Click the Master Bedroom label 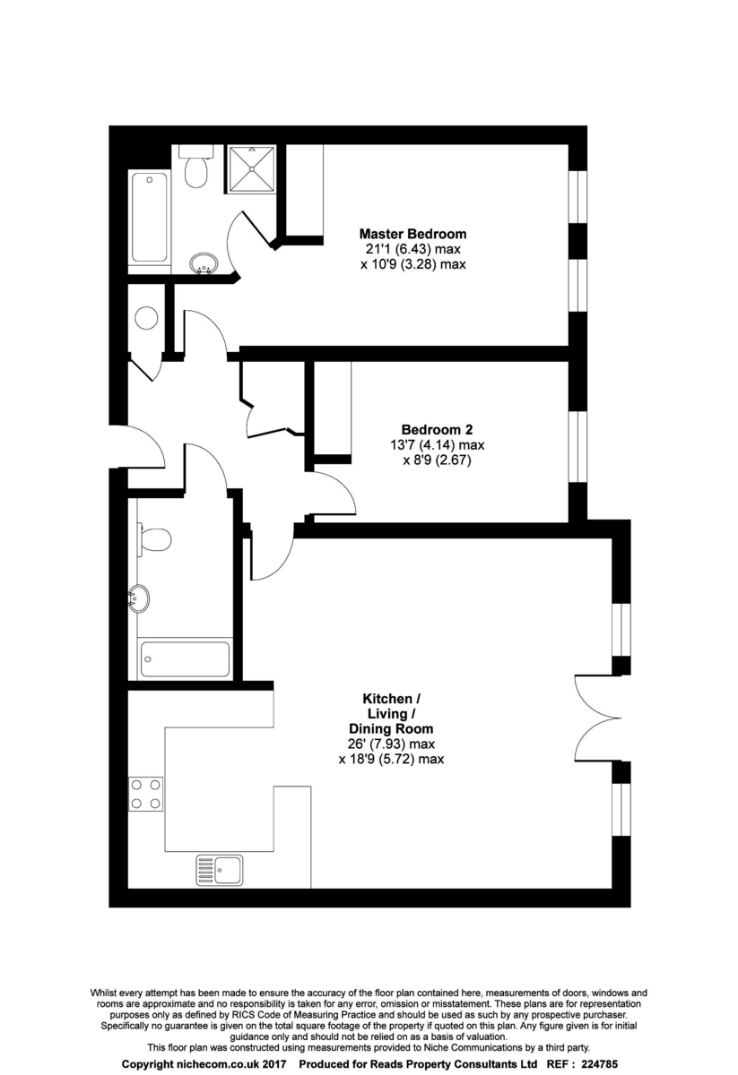pos(412,234)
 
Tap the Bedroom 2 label pos(437,429)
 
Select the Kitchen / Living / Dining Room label pos(391,714)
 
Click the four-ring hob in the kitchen pos(145,795)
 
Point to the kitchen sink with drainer pos(219,870)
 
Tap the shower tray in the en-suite pos(251,169)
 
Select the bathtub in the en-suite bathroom pos(150,219)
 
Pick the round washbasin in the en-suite pos(204,263)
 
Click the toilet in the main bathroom pos(153,539)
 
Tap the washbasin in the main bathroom pos(139,599)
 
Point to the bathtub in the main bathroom pos(185,659)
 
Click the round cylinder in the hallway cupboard pos(146,318)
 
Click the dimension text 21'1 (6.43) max pos(412,249)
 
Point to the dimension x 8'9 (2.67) pos(437,460)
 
